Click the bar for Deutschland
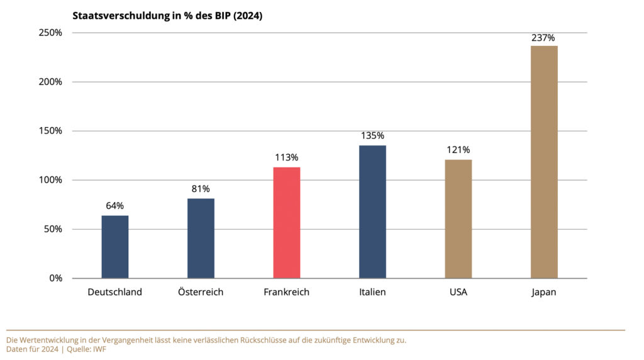(x=115, y=247)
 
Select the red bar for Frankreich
(x=287, y=222)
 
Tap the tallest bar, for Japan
(x=544, y=162)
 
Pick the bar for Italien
(x=372, y=211)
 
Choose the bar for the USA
(x=458, y=218)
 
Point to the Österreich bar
(x=201, y=238)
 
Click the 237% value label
(x=544, y=38)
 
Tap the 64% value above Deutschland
(x=115, y=206)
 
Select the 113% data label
(x=287, y=157)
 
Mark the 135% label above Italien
(x=372, y=135)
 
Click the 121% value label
(x=458, y=150)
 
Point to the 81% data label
(x=201, y=189)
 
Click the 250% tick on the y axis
(x=50, y=33)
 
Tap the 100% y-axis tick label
(x=50, y=180)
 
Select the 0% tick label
(x=55, y=278)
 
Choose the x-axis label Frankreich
(x=287, y=292)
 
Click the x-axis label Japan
(x=544, y=292)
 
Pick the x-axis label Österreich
(x=201, y=292)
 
